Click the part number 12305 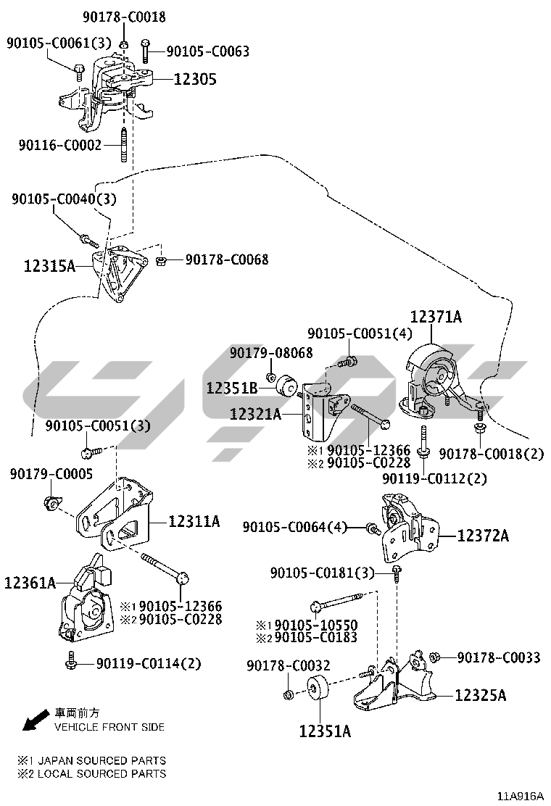[194, 79]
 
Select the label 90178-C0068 [226, 259]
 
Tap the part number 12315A [49, 266]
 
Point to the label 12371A [436, 317]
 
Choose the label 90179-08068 [271, 353]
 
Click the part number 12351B [232, 388]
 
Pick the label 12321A [255, 415]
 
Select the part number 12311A [194, 520]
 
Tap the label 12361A [30, 582]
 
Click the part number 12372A [483, 536]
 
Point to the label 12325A [481, 696]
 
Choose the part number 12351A [325, 731]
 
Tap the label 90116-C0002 [60, 145]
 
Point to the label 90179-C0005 [51, 474]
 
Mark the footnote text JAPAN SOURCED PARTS [101, 760]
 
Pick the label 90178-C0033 [499, 657]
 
